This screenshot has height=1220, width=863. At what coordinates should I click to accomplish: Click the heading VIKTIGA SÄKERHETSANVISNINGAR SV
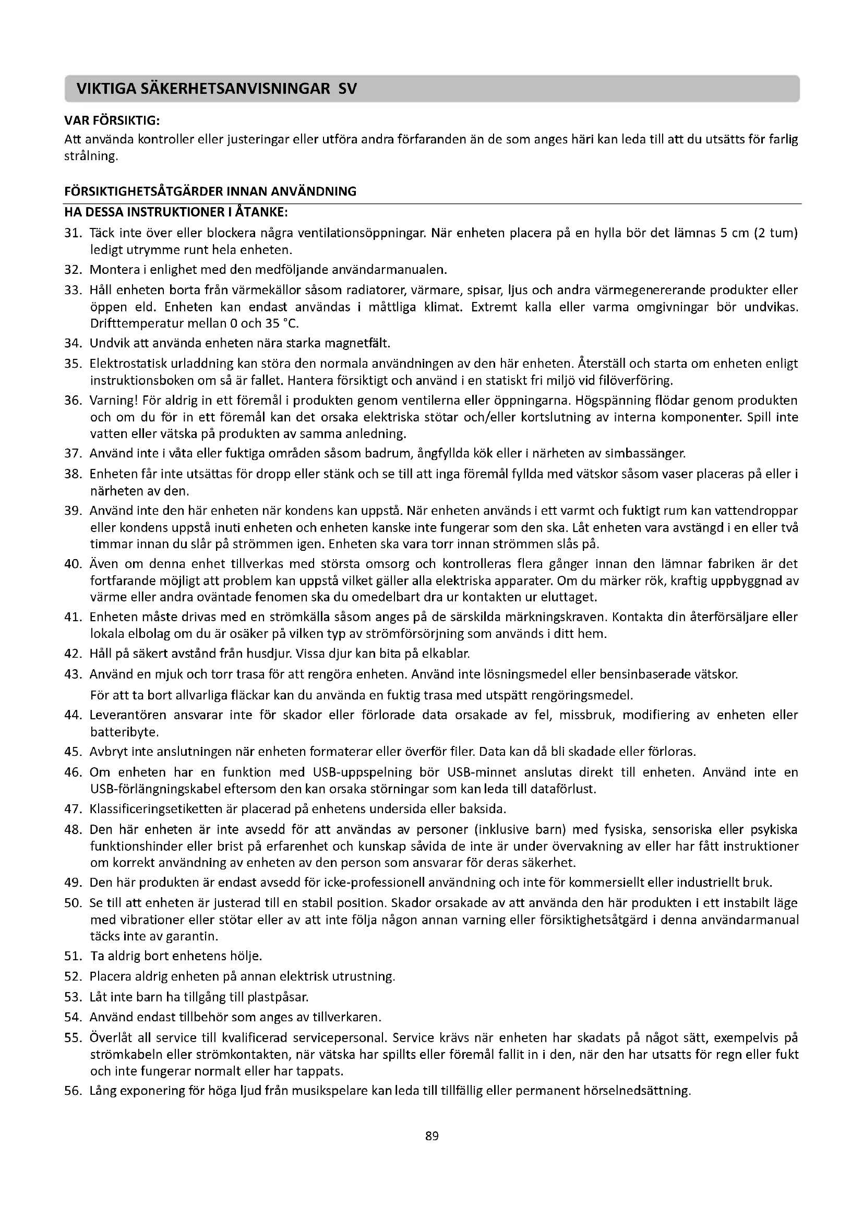coord(217,89)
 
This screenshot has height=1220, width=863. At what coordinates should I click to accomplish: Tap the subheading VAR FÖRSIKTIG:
coord(112,120)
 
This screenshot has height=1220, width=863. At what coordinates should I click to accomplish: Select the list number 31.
coord(73,233)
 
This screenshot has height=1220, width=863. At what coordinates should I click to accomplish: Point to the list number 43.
coord(73,675)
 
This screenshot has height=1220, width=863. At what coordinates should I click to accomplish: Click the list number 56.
coord(73,1091)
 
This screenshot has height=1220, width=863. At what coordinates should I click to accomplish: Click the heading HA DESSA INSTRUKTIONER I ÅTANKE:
coord(176,212)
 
